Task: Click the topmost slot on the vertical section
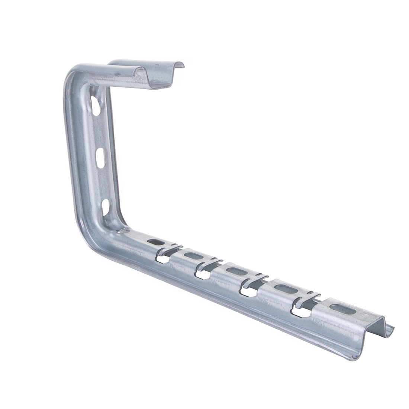click(x=96, y=106)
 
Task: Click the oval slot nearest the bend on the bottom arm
click(x=156, y=242)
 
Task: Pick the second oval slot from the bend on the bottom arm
click(x=193, y=256)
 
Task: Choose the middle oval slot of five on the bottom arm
click(x=237, y=271)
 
